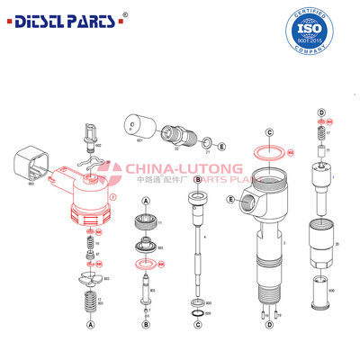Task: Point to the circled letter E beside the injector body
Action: (x=231, y=199)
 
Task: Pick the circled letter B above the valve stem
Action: (x=197, y=181)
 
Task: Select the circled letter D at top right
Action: (x=321, y=112)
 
